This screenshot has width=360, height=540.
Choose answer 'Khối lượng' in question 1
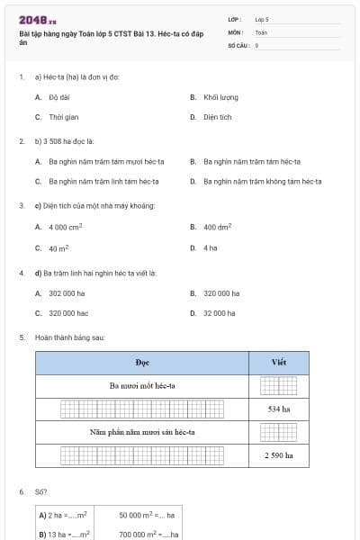pos(220,97)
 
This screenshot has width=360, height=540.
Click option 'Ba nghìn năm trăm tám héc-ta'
pos(251,162)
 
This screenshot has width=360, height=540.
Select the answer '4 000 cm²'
pos(65,228)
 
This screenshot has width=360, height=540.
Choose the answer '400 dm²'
pos(217,228)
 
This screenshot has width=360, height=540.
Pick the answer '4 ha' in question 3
pos(210,247)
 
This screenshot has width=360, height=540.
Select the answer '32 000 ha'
pos(220,313)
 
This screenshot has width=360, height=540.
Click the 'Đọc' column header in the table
pos(142,363)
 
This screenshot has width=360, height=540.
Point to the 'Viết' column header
pos(278,363)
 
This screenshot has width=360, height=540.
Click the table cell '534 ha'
pos(278,409)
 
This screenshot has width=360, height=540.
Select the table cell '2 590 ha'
pos(278,455)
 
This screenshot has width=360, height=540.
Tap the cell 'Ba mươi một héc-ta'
pos(142,385)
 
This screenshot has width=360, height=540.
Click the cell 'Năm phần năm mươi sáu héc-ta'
pos(142,432)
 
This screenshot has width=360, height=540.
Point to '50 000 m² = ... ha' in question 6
pos(147,516)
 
